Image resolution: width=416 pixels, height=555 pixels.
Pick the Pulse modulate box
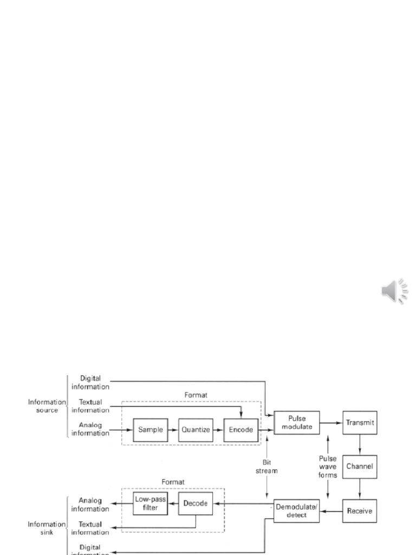coord(296,423)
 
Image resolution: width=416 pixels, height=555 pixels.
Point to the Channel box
coord(360,466)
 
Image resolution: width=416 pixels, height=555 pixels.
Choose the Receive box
coord(360,511)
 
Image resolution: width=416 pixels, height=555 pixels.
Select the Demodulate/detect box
coord(296,511)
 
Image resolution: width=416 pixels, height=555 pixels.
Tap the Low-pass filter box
coord(150,503)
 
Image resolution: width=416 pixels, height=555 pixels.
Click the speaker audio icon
coord(395,291)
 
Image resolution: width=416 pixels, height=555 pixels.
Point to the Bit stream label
coord(266,467)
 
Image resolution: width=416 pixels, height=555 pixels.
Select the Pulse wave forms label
coord(328,467)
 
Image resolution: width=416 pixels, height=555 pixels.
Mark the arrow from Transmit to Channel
coord(360,444)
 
